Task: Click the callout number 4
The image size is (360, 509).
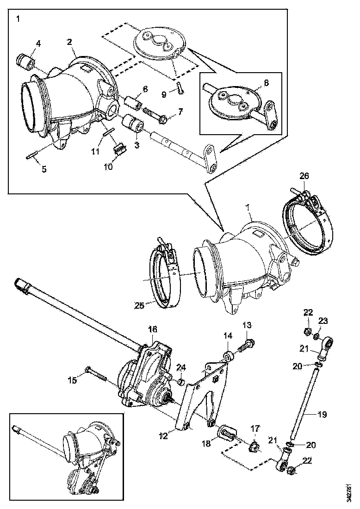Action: pos(38,44)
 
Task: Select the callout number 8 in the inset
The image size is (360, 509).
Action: pos(266,83)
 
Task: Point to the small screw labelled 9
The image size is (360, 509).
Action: pos(180,88)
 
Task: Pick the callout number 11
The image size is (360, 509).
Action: pos(95,151)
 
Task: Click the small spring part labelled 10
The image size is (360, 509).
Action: pos(120,149)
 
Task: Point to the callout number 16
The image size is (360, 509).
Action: pos(152,329)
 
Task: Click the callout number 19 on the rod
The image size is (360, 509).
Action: pos(322,415)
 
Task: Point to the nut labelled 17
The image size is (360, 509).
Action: pos(254,447)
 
